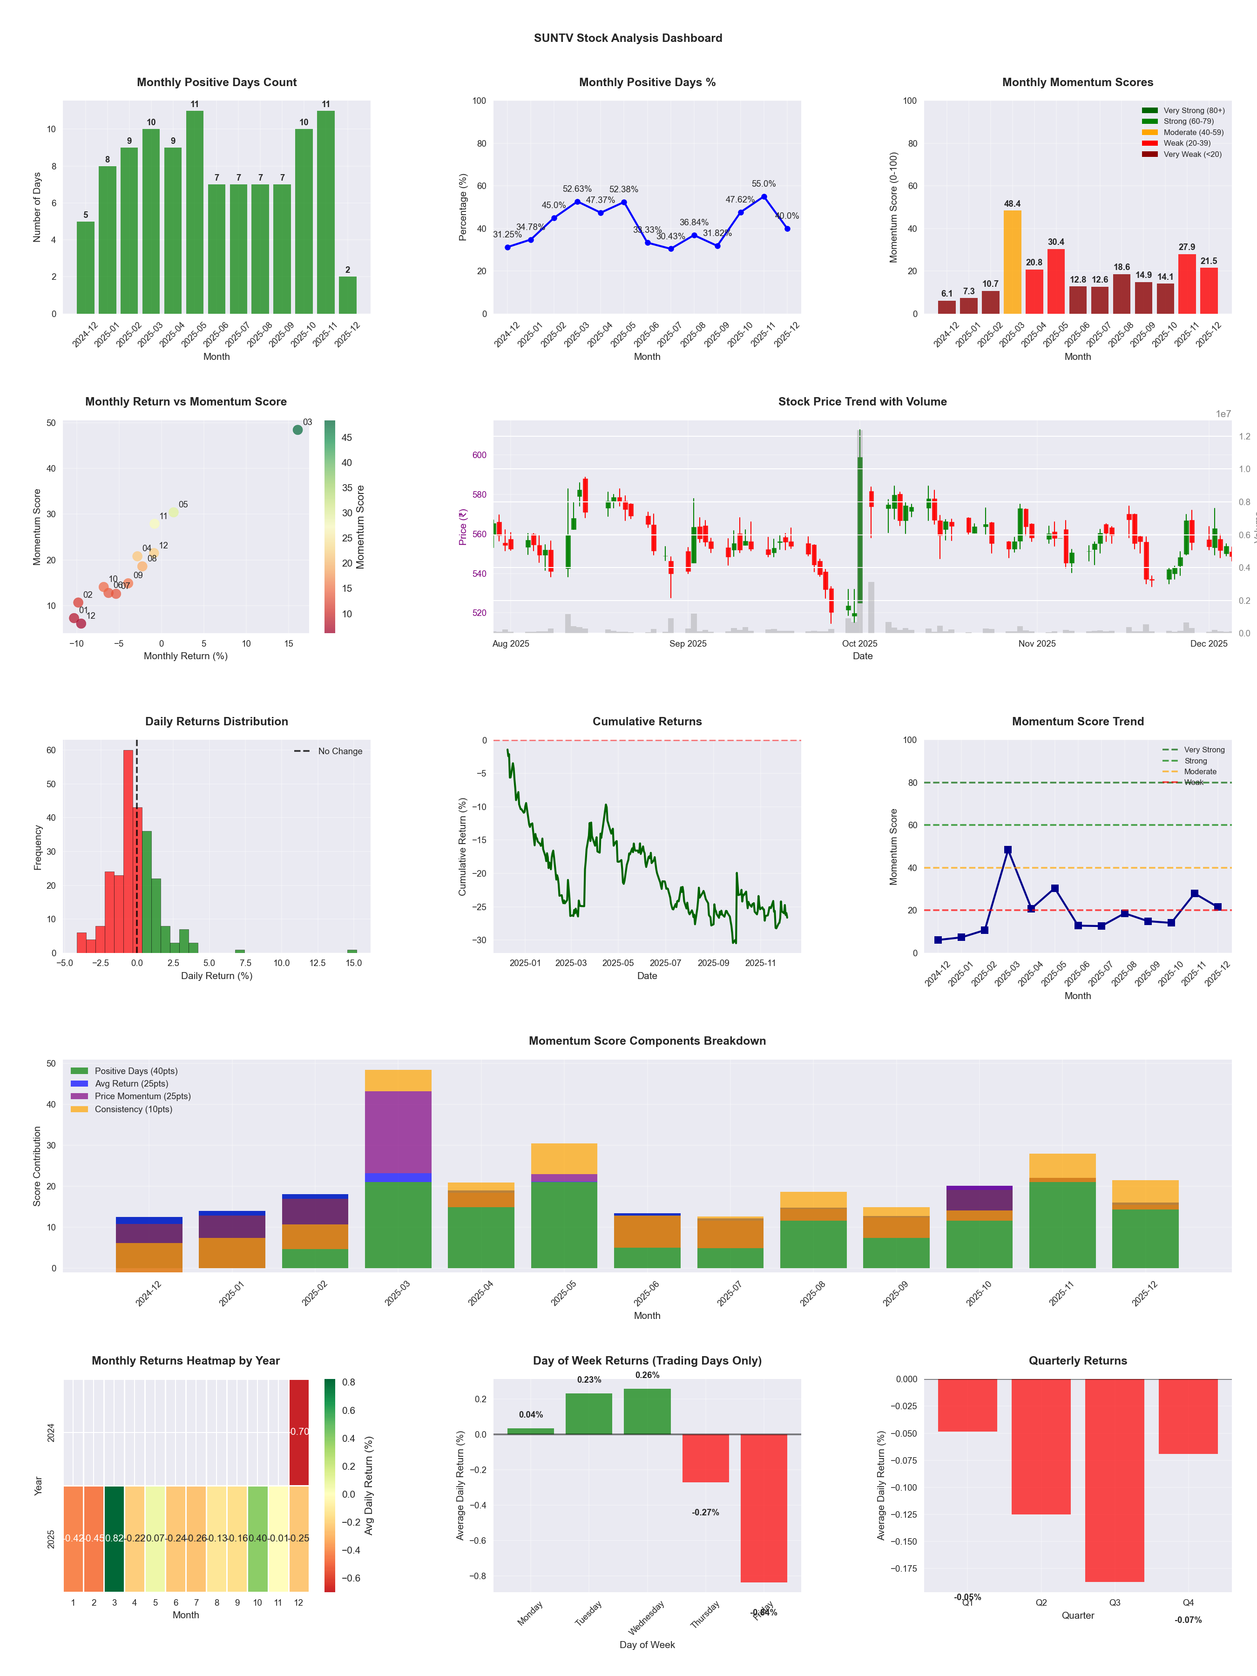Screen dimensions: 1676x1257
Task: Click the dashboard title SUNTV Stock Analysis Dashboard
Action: pos(628,38)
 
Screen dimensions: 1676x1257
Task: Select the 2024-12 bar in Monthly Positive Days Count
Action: pos(86,268)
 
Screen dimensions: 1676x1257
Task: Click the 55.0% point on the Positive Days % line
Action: pos(764,197)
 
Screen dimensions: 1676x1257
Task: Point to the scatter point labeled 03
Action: pos(298,430)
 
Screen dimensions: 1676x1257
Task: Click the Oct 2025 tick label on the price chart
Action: pos(859,643)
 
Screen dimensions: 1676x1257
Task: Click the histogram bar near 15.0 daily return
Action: pos(352,951)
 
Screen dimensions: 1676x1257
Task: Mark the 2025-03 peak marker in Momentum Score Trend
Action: pos(1008,850)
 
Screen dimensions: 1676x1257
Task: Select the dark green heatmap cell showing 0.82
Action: pos(115,1539)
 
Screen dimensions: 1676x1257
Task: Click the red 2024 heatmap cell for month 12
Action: pos(299,1432)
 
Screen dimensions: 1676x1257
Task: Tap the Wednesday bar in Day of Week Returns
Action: pos(647,1412)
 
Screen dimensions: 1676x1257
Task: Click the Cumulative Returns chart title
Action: pos(647,721)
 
